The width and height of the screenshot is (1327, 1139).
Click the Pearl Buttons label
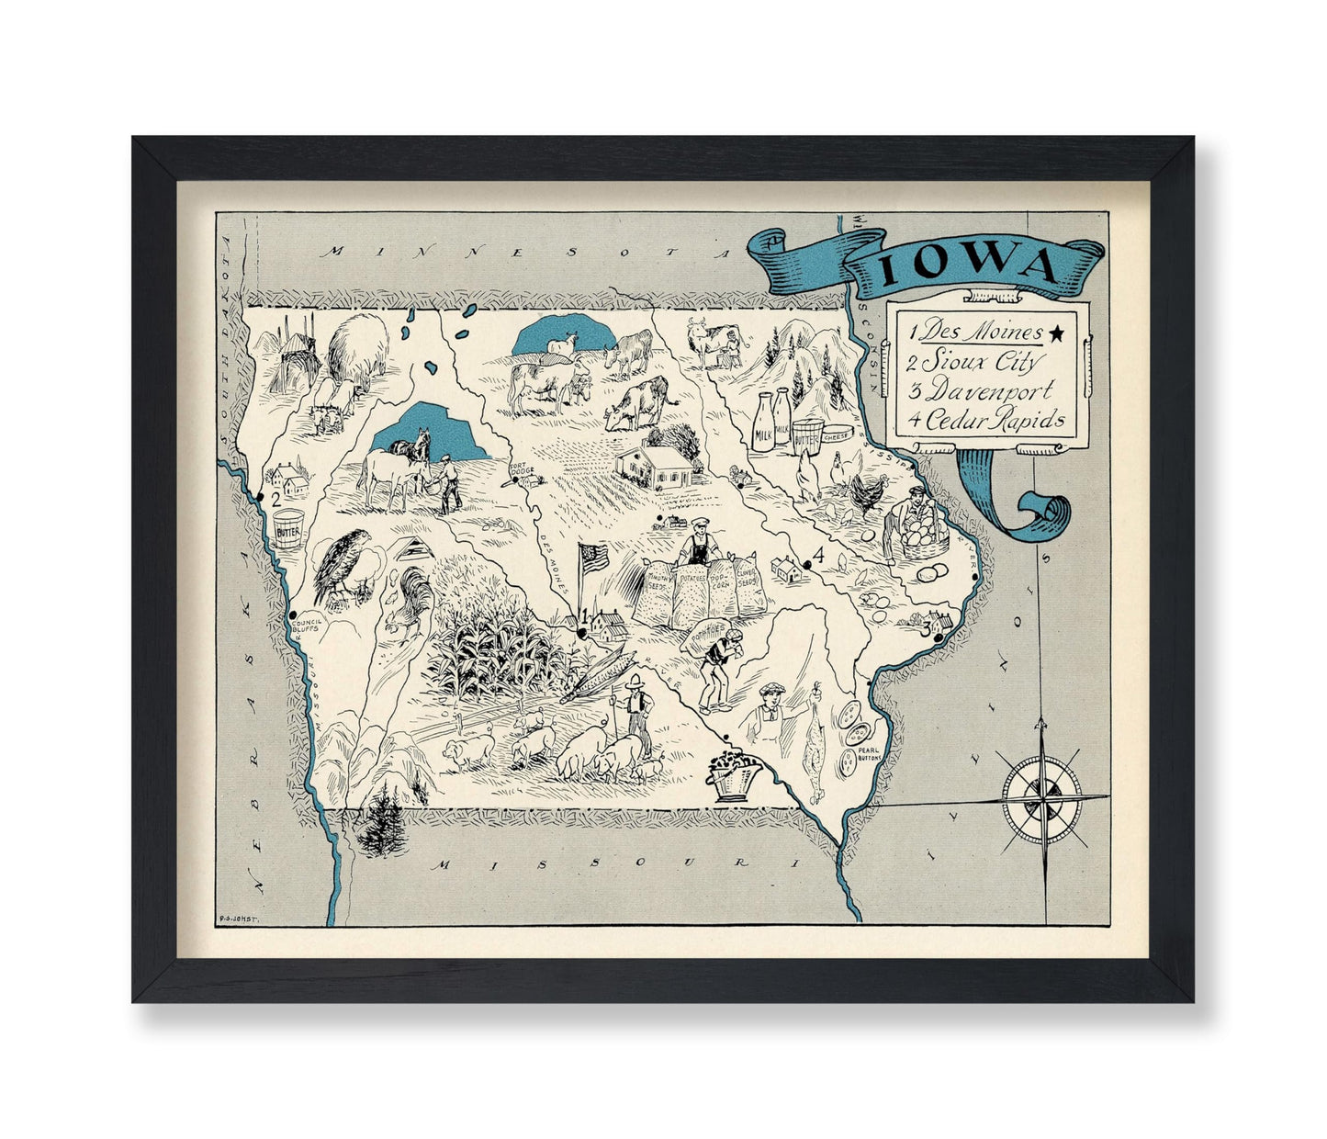click(x=868, y=752)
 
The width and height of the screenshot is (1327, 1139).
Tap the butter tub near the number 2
click(x=287, y=530)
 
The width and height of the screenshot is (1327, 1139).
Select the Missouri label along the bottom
click(x=597, y=864)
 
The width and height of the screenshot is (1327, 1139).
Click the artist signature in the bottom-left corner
click(x=238, y=915)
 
